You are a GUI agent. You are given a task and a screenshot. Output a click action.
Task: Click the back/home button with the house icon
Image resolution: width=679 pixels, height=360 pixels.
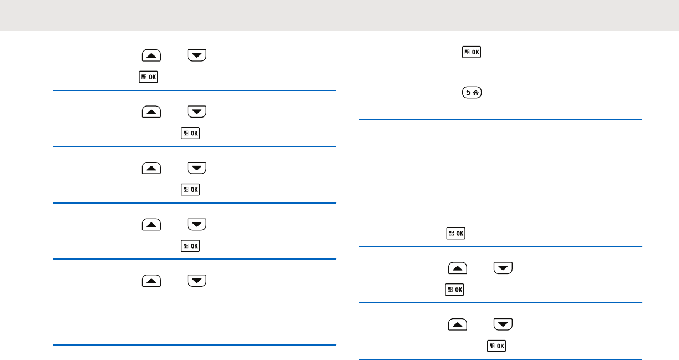tap(472, 94)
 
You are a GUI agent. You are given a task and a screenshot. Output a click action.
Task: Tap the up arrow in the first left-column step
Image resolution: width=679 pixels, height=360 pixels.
tap(151, 55)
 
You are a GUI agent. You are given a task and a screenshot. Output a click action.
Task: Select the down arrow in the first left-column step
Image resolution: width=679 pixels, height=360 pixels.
tap(197, 55)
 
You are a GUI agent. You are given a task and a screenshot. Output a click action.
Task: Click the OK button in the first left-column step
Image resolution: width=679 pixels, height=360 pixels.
tap(149, 77)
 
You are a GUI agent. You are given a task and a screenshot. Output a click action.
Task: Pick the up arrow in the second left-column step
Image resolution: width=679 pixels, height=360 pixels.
tap(151, 111)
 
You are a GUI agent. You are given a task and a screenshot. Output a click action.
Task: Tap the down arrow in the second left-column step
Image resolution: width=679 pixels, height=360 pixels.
tap(197, 111)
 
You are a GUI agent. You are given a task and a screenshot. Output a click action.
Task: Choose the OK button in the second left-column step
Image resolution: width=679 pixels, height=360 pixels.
tap(190, 133)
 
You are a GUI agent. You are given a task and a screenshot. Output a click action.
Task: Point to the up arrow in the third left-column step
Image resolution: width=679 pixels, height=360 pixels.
tap(151, 167)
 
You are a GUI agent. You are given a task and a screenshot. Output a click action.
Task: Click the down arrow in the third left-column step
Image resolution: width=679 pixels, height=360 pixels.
tap(197, 167)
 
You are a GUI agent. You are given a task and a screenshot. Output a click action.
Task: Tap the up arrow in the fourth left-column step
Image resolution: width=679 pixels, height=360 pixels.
tap(151, 224)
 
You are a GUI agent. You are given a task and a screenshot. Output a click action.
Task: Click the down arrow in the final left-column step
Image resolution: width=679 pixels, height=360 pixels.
tap(197, 280)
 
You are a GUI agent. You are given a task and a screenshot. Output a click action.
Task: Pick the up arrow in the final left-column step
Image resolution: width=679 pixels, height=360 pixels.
tap(151, 280)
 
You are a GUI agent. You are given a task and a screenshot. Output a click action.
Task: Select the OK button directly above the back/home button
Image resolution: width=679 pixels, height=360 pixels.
tap(472, 53)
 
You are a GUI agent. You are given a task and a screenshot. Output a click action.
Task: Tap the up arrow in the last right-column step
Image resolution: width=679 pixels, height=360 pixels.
tap(458, 324)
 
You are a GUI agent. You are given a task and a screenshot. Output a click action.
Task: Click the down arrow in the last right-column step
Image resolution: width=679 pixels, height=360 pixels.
tap(503, 324)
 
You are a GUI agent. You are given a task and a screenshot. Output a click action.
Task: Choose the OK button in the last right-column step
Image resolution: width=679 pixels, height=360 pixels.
tap(496, 346)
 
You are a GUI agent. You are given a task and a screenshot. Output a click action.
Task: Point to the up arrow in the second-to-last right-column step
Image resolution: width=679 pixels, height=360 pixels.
tap(458, 268)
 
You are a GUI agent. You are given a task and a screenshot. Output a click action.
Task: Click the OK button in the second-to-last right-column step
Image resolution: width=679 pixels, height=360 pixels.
tap(455, 290)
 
